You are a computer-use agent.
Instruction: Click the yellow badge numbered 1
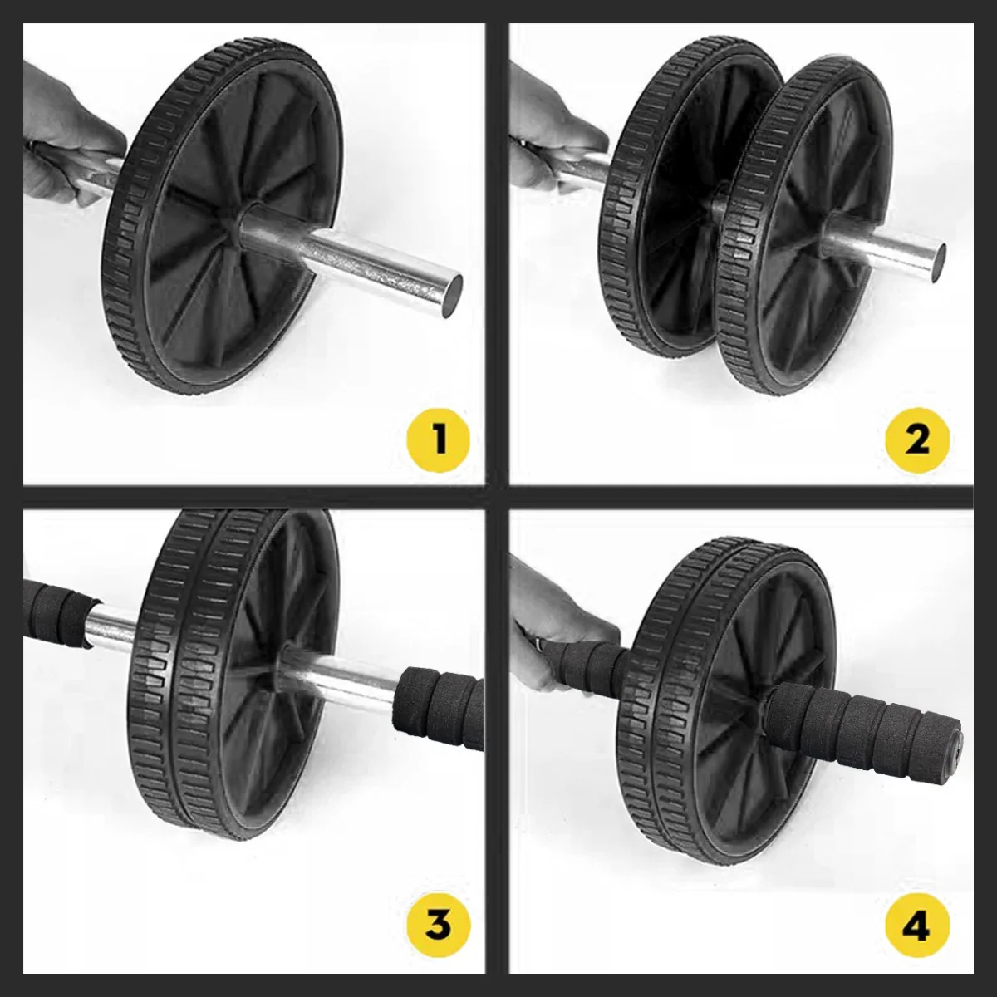point(438,439)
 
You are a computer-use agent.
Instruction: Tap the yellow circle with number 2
point(917,440)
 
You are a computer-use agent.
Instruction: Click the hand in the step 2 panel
point(553,135)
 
